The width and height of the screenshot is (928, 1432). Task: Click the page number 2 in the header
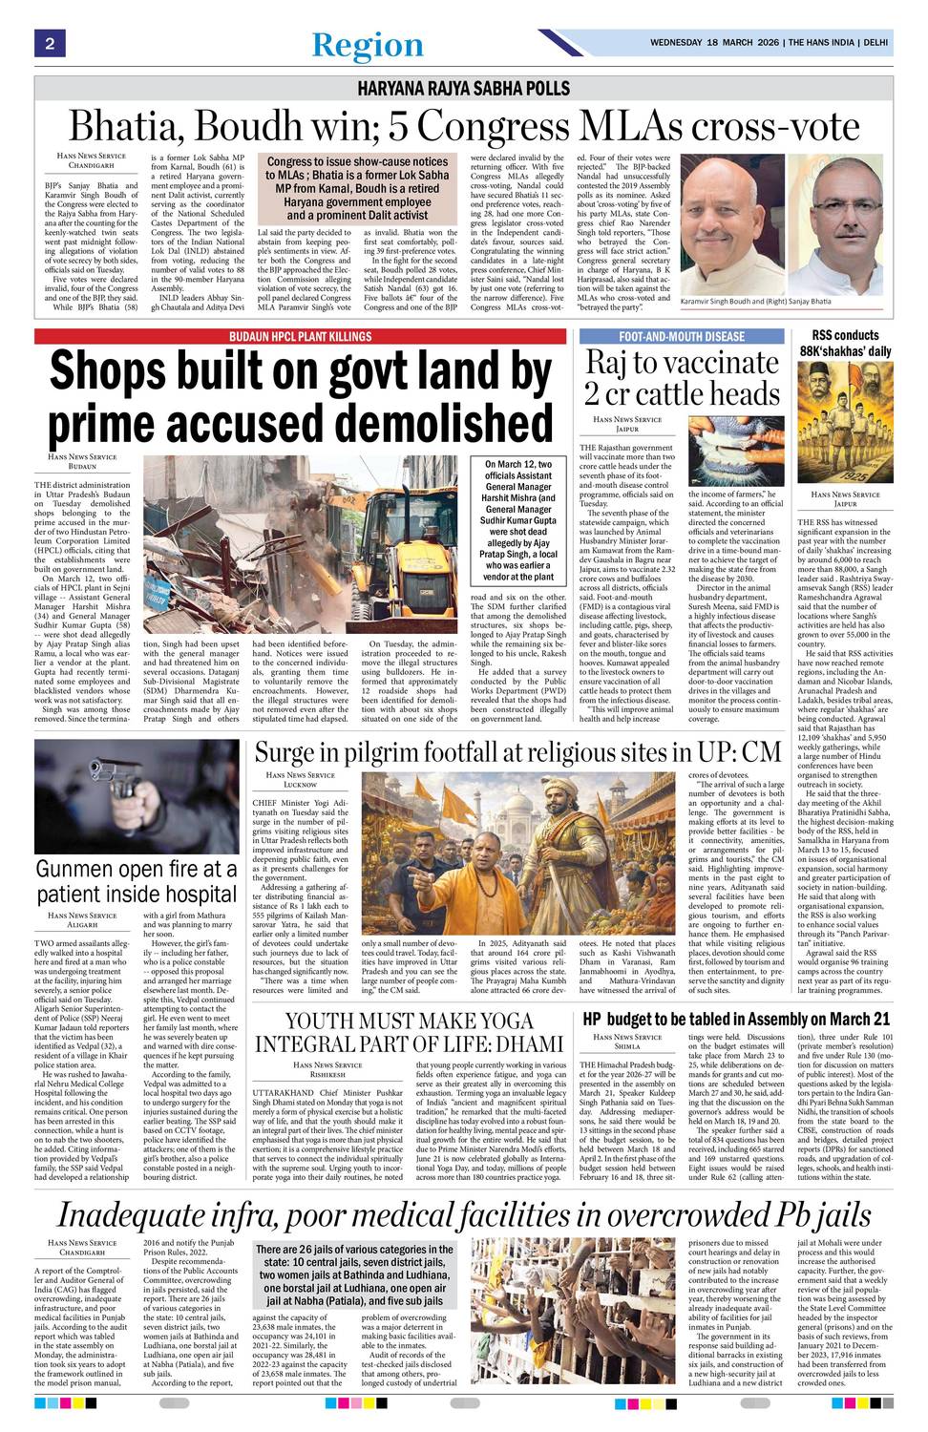tap(48, 44)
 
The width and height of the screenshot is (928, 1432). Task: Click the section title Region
tap(368, 45)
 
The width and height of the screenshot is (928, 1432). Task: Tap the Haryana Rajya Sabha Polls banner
tap(463, 89)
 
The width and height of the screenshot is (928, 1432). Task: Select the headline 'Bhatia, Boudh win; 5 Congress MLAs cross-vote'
tap(465, 126)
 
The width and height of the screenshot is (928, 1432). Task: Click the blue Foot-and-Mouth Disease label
tap(681, 337)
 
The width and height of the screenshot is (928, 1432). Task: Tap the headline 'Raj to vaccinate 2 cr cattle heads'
tap(682, 378)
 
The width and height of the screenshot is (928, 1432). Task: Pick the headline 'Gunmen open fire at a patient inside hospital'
tap(136, 882)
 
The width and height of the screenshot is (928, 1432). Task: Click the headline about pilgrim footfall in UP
tap(517, 752)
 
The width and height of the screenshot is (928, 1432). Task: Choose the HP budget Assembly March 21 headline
tap(735, 1020)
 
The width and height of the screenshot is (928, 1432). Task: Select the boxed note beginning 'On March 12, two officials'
tap(518, 520)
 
